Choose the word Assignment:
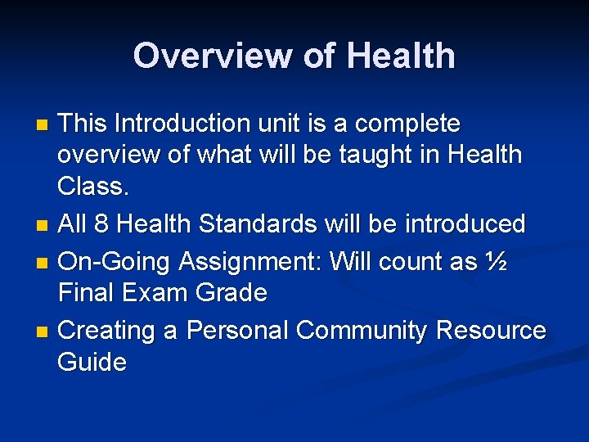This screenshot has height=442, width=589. click(250, 262)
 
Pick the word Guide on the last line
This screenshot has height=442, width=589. click(92, 362)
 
